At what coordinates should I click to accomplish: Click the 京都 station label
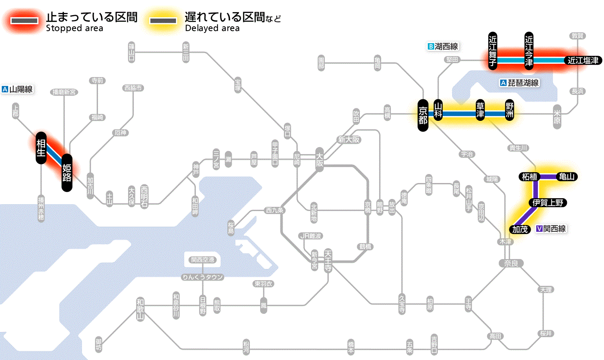tap(423, 115)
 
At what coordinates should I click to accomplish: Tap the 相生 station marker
tap(41, 148)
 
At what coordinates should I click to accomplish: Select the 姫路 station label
tap(67, 172)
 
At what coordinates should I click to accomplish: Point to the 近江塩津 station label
tap(583, 61)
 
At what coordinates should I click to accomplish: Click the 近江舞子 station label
tap(493, 51)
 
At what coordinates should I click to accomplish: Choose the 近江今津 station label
tap(529, 51)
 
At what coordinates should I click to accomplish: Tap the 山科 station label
tap(438, 111)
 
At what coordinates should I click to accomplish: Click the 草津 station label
tap(480, 111)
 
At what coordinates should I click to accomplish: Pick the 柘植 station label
tap(529, 177)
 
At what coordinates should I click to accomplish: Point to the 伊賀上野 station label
tap(547, 203)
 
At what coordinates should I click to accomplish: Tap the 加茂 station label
tap(520, 229)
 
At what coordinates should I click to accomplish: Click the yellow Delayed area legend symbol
tap(163, 20)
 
